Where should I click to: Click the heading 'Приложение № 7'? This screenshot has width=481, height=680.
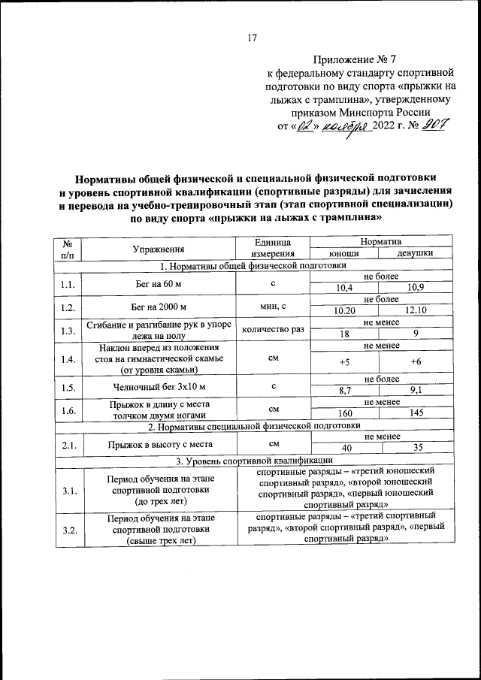pyautogui.click(x=359, y=59)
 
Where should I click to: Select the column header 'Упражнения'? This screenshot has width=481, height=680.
pyautogui.click(x=157, y=248)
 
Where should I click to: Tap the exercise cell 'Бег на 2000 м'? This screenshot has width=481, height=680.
pyautogui.click(x=157, y=307)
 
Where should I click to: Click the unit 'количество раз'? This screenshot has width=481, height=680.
pyautogui.click(x=274, y=329)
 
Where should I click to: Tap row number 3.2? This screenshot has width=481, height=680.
pyautogui.click(x=68, y=530)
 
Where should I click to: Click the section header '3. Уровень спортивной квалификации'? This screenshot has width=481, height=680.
pyautogui.click(x=253, y=460)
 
